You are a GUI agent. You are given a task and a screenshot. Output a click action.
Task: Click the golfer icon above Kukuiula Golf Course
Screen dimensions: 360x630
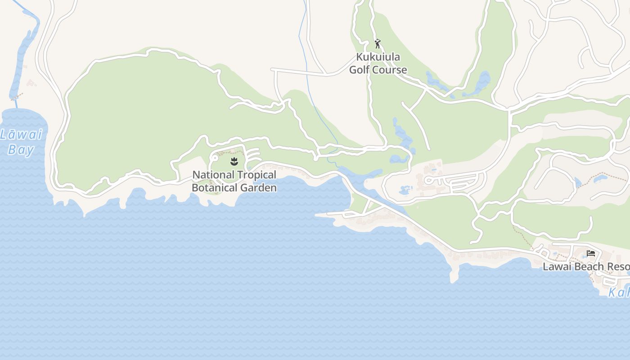[378, 44]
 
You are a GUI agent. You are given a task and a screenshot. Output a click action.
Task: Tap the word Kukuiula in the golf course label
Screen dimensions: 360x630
[378, 57]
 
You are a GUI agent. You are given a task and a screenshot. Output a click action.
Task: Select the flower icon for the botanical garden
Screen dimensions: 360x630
[234, 161]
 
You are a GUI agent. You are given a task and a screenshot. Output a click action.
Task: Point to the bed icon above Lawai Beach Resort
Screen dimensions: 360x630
[591, 253]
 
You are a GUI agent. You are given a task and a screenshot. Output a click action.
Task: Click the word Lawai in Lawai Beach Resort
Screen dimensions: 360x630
[556, 266]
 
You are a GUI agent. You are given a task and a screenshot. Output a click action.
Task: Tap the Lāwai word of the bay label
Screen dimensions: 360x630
[21, 135]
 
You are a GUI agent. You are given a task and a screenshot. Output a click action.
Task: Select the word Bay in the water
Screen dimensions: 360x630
[21, 149]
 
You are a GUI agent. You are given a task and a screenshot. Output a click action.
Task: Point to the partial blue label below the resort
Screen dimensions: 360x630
[619, 292]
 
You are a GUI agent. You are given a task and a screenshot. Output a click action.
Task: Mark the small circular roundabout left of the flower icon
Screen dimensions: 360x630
[215, 158]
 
